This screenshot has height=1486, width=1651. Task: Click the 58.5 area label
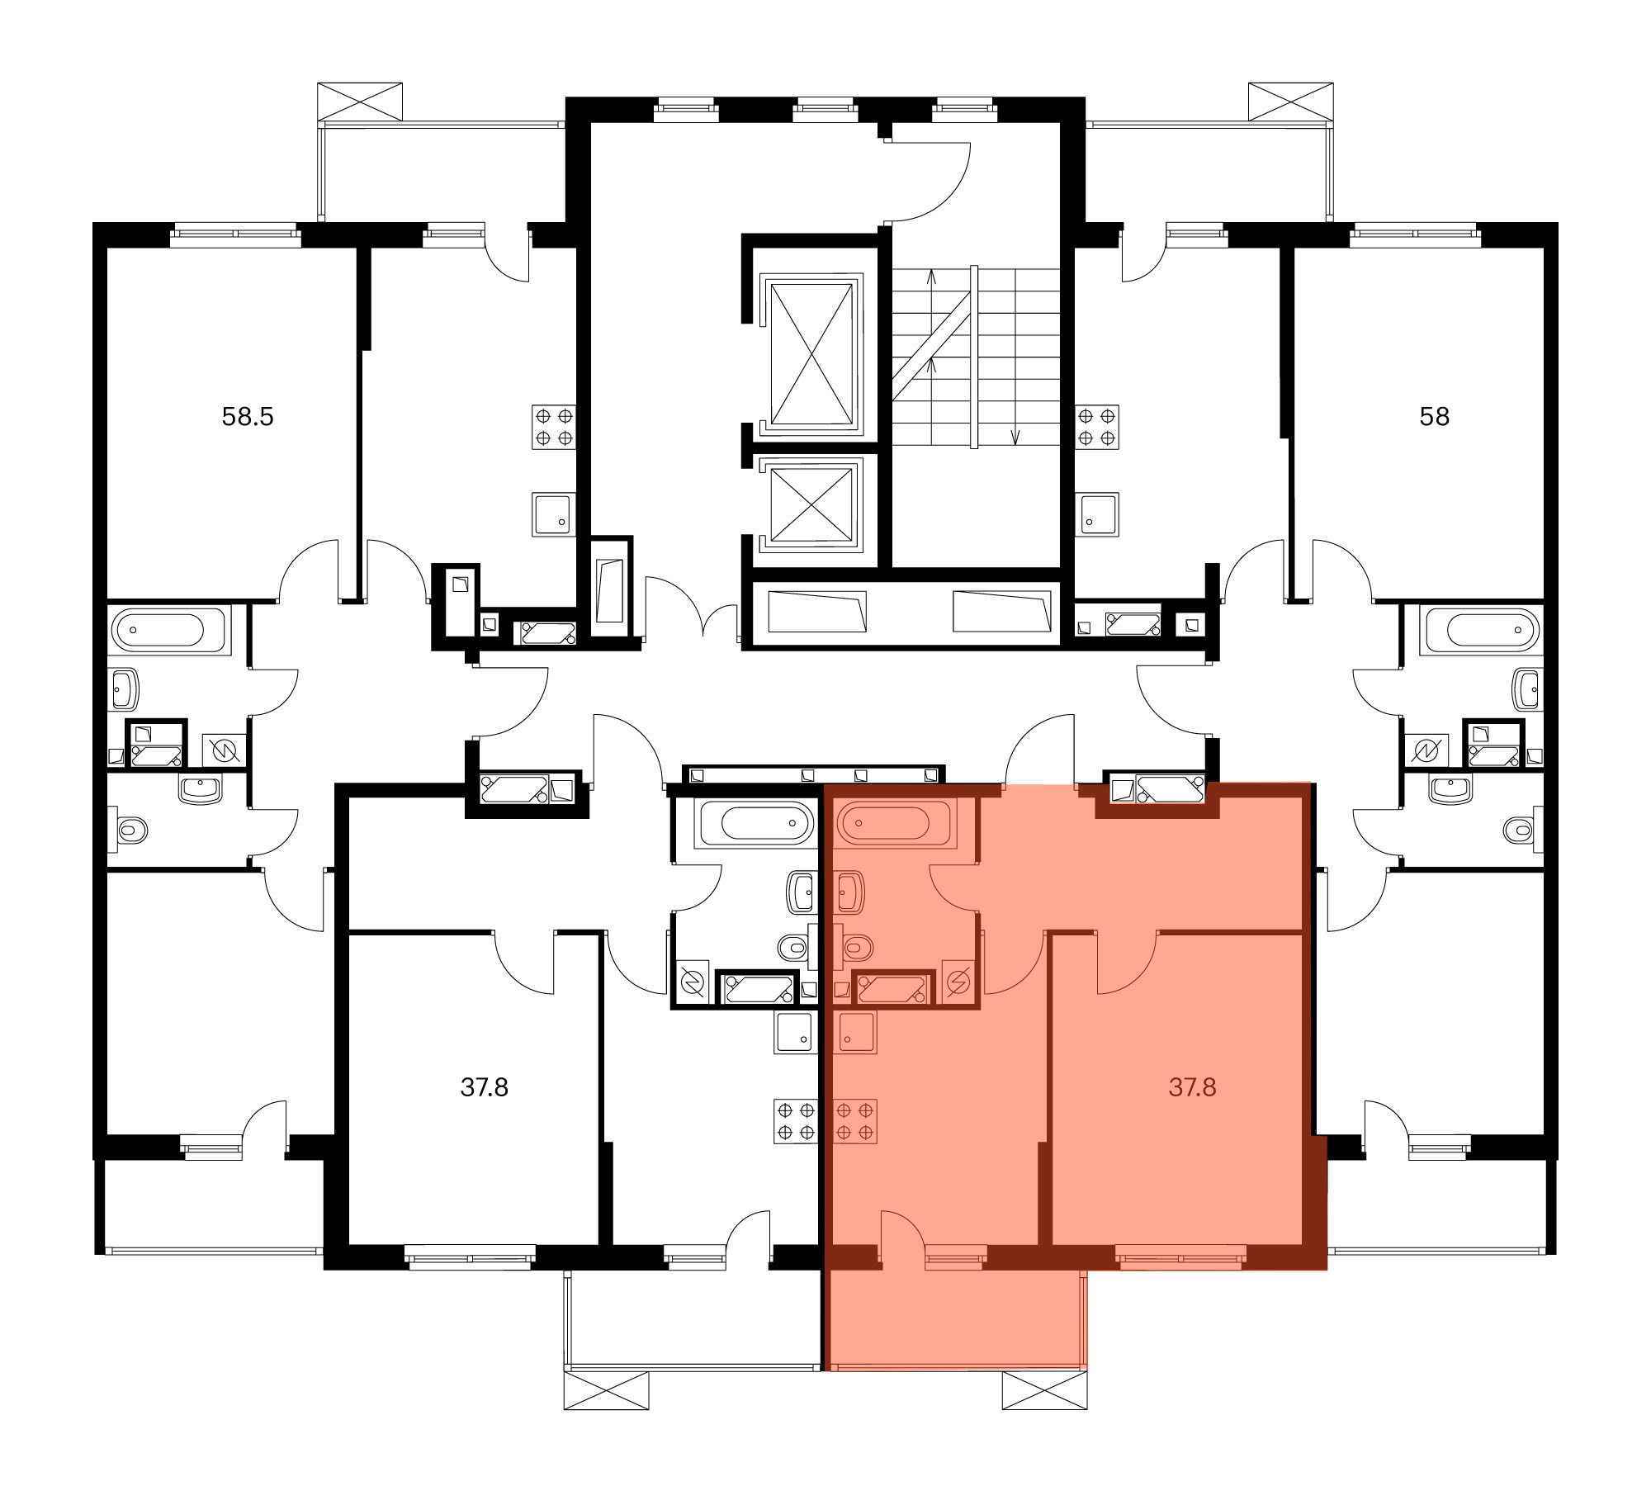[248, 417]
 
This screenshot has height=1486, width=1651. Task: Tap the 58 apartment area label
[1434, 417]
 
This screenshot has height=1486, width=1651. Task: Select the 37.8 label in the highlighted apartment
[1192, 1087]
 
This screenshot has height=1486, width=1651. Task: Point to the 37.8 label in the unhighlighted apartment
[484, 1087]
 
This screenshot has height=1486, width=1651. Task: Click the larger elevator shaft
[811, 353]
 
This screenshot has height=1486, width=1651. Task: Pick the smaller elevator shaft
[811, 503]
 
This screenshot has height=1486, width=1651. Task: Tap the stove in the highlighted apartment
[855, 1121]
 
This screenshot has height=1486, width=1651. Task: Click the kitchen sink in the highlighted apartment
[857, 1032]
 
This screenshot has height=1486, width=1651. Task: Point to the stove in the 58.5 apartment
[554, 427]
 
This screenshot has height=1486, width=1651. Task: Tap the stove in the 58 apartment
[1096, 427]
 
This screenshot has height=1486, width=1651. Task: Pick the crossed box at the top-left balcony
[360, 102]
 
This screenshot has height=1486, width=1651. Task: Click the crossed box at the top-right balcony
[1291, 102]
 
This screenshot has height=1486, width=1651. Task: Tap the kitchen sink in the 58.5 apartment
[554, 515]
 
